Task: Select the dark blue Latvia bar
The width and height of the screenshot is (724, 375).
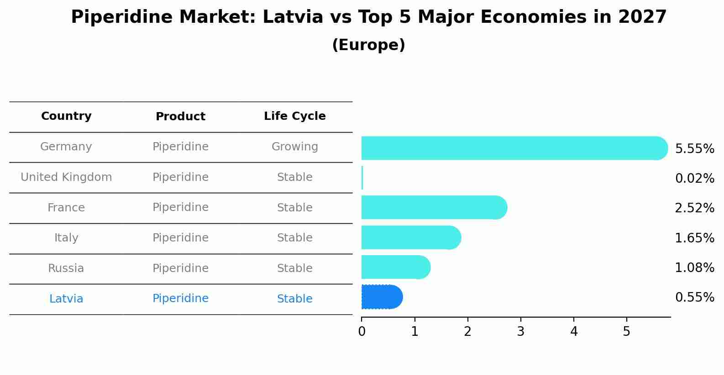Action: click(x=381, y=297)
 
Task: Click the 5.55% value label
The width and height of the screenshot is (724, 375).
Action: click(x=694, y=149)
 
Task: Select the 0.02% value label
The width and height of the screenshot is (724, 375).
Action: click(x=694, y=179)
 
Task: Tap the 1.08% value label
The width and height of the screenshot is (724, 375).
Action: click(x=694, y=268)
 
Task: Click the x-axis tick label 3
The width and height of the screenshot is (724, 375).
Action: click(x=520, y=332)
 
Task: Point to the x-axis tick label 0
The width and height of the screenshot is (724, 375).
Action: click(x=362, y=332)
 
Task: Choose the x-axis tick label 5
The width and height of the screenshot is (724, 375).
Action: click(x=626, y=332)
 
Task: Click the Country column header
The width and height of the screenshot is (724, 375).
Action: click(x=66, y=116)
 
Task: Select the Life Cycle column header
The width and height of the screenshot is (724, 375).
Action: click(x=294, y=116)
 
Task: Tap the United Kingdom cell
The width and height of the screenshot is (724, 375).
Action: click(x=66, y=177)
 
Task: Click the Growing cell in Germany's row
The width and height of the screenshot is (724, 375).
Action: click(x=294, y=147)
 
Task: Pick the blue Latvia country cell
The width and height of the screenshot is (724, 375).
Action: click(x=66, y=299)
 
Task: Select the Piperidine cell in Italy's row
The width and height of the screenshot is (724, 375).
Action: click(x=180, y=238)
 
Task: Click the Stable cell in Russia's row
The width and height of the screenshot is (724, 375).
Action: click(x=294, y=268)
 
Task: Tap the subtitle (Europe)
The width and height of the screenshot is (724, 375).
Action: click(x=368, y=45)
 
